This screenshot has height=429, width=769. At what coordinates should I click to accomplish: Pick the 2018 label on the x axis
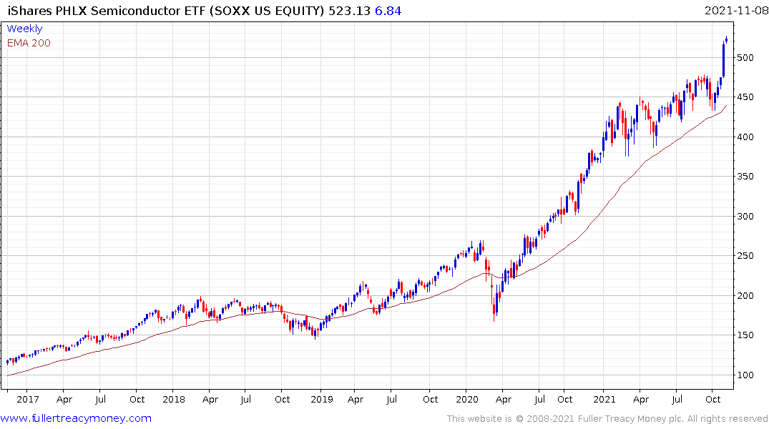click(x=172, y=400)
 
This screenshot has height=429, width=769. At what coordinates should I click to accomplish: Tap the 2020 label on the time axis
click(x=466, y=400)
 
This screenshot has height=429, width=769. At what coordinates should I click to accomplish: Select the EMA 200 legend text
click(x=29, y=43)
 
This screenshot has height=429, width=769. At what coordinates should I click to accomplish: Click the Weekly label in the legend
click(x=24, y=29)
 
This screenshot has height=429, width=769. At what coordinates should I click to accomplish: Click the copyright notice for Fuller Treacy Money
click(x=607, y=419)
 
